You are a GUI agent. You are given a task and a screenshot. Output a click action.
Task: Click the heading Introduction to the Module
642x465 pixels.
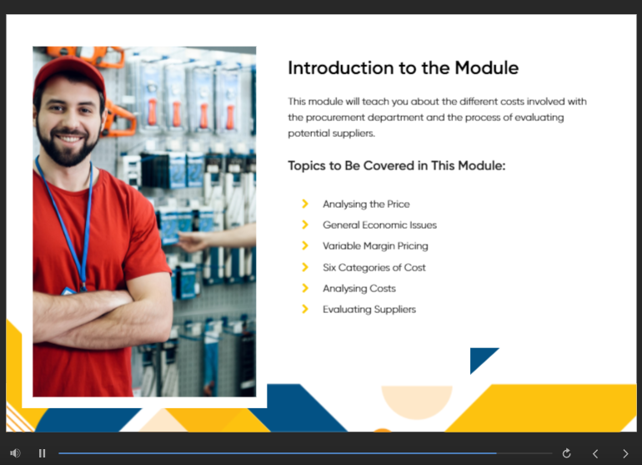pos(404,68)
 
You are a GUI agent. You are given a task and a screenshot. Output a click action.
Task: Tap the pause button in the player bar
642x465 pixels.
pos(42,453)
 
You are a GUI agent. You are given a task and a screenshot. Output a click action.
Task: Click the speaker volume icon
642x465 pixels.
pos(15,453)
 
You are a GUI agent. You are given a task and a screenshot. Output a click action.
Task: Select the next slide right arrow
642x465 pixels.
pos(625,453)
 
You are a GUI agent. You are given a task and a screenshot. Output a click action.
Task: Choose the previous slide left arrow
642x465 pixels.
pos(595,453)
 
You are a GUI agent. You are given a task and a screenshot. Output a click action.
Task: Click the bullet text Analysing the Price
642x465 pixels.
pos(366,205)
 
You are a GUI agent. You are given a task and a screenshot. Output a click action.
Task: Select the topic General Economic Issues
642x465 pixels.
pos(379,225)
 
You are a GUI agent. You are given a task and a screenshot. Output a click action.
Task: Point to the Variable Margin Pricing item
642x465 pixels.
pos(375,246)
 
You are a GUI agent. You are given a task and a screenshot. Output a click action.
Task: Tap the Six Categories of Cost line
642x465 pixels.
pos(374,267)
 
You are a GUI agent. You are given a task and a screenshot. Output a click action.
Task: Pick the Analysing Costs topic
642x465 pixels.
pos(359,289)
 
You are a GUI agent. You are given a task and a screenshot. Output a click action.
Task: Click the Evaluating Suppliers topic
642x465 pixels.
pos(369,310)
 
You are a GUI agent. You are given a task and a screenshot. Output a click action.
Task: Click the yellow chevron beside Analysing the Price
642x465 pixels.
pos(305,204)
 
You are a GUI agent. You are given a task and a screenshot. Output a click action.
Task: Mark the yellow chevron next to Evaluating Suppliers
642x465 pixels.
pos(305,309)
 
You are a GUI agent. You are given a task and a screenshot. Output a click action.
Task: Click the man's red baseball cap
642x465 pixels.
pos(70,73)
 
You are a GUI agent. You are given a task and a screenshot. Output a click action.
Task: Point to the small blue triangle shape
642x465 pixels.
pos(480,356)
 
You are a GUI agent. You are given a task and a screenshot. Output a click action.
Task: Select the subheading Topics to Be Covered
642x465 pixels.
pos(396,165)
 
